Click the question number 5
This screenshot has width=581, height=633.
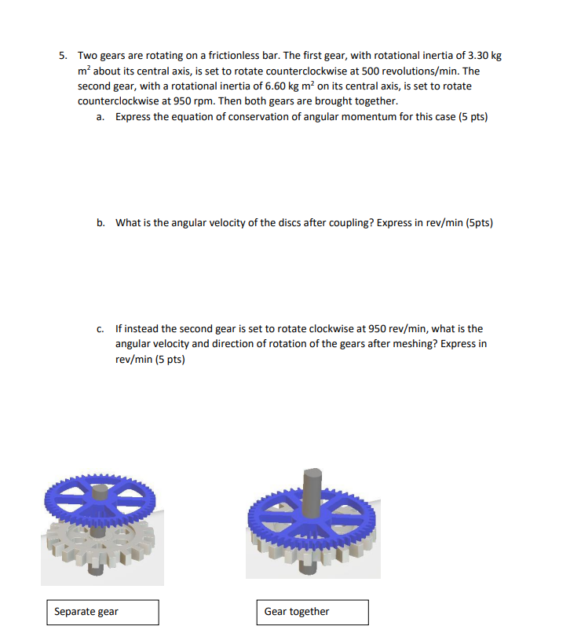pyautogui.click(x=63, y=56)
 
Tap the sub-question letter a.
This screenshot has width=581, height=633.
pyautogui.click(x=100, y=116)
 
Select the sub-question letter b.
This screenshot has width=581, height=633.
pyautogui.click(x=100, y=222)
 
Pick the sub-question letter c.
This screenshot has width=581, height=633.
pyautogui.click(x=100, y=329)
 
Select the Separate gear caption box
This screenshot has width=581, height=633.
pyautogui.click(x=101, y=612)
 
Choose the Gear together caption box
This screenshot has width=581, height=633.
pyautogui.click(x=312, y=612)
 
